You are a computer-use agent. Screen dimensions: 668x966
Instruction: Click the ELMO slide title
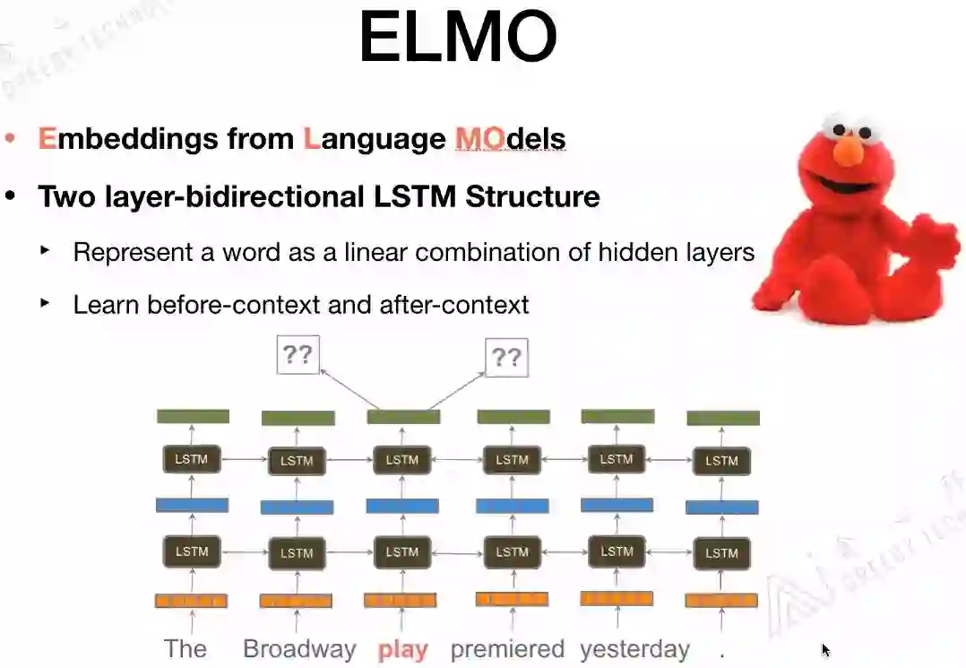(458, 38)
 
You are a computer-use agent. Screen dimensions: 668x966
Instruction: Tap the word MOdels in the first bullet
(510, 139)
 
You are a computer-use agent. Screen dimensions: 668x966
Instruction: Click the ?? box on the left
(298, 355)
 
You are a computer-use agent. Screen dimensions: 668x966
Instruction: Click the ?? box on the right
(506, 358)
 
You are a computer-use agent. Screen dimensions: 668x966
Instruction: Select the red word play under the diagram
(403, 649)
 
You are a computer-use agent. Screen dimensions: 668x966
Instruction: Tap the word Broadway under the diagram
(299, 649)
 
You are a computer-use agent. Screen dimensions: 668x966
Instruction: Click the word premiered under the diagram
(507, 649)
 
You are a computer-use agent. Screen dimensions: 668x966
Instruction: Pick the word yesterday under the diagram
(634, 649)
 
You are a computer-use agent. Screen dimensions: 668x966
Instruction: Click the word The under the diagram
(185, 649)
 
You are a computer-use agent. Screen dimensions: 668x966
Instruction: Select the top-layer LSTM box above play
(402, 460)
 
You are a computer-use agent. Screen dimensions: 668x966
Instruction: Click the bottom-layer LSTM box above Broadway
(297, 553)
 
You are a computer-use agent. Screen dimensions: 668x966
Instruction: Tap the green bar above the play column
(403, 417)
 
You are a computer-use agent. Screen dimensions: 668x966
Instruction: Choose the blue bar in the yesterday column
(617, 505)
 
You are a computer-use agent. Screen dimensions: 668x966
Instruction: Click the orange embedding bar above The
(191, 601)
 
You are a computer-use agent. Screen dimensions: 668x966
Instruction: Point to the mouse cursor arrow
(825, 650)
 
